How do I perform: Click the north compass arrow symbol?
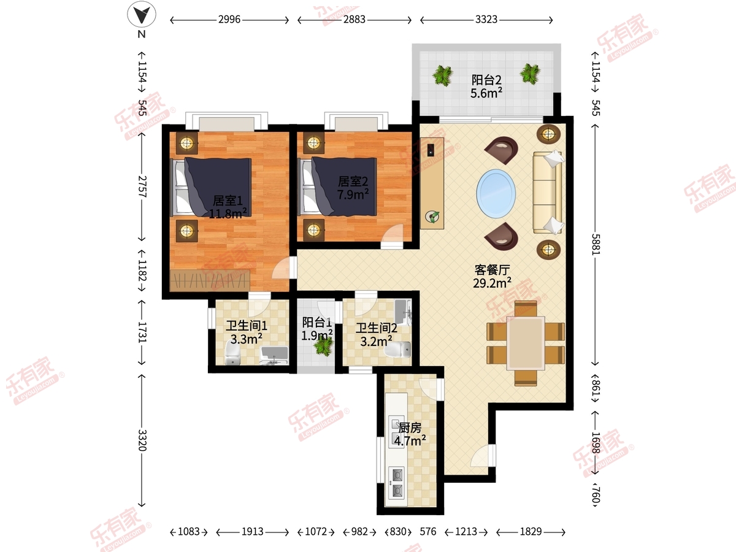[142, 14]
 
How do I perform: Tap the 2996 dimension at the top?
[229, 20]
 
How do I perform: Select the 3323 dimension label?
[486, 20]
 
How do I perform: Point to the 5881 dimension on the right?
[596, 244]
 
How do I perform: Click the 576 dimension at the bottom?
[428, 532]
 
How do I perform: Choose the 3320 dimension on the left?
[142, 440]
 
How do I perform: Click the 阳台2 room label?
[486, 80]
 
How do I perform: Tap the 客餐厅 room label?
[493, 270]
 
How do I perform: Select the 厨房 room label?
[410, 428]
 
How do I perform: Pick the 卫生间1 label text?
[247, 326]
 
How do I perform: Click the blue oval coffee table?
[496, 193]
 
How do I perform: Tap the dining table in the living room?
[526, 343]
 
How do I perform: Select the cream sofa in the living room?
[548, 192]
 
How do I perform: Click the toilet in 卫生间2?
[397, 350]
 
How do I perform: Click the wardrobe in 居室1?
[210, 280]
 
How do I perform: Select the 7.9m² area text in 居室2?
[353, 194]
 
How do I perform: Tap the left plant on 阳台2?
[443, 75]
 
